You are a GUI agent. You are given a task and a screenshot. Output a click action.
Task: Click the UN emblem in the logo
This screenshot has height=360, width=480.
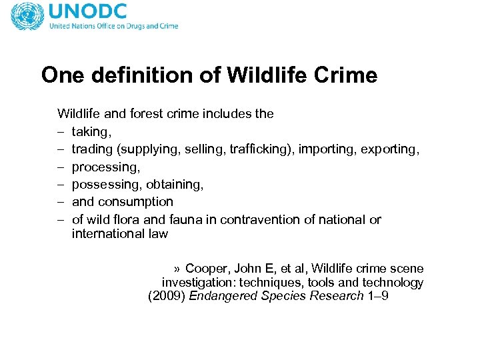click(x=27, y=17)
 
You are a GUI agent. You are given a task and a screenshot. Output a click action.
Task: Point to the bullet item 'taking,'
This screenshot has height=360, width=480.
click(x=90, y=131)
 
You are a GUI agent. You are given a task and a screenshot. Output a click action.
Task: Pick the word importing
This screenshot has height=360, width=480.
click(x=326, y=149)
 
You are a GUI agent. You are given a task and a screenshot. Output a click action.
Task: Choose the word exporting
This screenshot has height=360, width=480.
click(x=389, y=149)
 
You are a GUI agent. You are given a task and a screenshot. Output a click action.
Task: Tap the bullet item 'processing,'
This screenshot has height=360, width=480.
click(x=104, y=167)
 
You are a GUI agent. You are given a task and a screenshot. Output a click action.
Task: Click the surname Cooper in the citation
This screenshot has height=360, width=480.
click(x=206, y=269)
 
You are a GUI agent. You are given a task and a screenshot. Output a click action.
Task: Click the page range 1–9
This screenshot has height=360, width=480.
click(x=377, y=297)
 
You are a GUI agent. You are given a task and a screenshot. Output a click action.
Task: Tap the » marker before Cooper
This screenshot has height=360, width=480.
click(x=177, y=269)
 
